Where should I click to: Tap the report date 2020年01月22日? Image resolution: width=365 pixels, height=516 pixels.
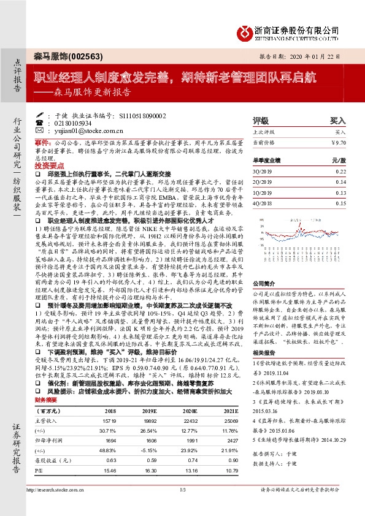(312, 56)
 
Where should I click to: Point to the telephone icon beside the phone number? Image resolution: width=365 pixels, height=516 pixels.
(40, 123)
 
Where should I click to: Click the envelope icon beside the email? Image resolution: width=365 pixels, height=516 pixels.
(40, 131)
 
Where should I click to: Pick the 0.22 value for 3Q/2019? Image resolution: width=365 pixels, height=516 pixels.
(340, 172)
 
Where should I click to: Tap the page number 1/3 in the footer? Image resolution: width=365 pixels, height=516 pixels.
(182, 507)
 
